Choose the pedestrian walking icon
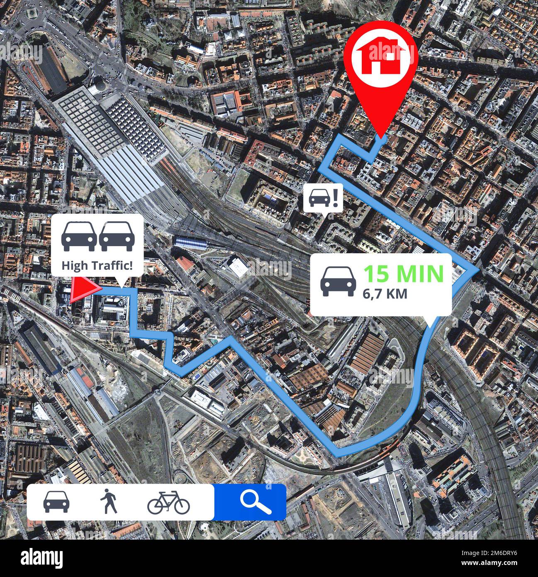point(109,502)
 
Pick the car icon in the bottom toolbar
point(56,502)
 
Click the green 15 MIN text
point(403,273)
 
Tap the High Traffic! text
point(97,265)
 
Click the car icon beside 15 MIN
point(339,281)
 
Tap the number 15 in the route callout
point(377,273)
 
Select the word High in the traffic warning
point(71,265)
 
